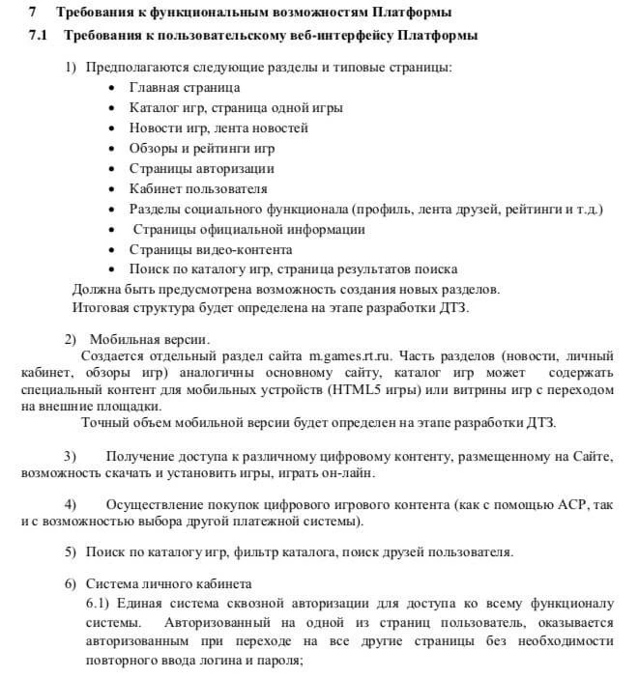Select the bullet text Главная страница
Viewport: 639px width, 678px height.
(x=184, y=87)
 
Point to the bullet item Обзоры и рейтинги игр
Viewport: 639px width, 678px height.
(x=202, y=149)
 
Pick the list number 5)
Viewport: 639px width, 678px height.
(x=71, y=552)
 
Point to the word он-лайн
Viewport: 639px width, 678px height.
(x=343, y=473)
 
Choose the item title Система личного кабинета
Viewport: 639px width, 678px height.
(x=169, y=584)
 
